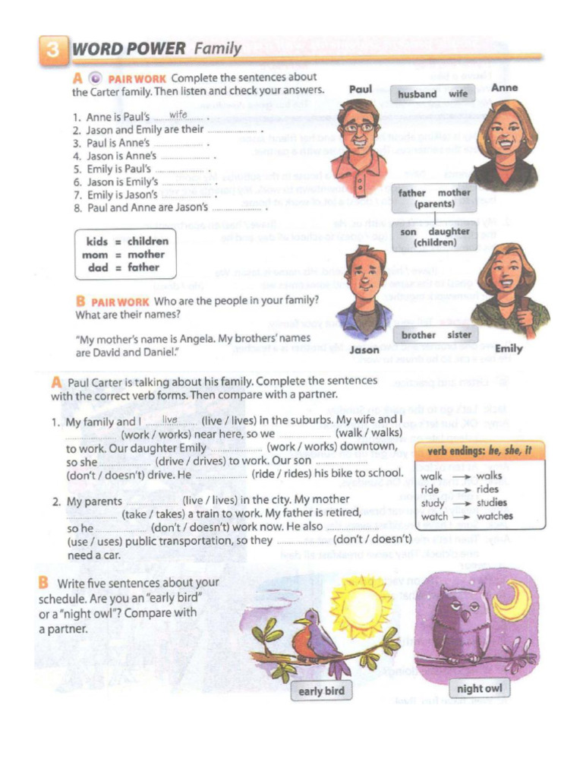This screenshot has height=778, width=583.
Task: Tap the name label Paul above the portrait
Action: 361,90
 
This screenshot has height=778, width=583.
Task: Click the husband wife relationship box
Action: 432,94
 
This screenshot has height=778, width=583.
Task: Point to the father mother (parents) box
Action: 433,198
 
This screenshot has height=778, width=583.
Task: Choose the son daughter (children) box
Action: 434,237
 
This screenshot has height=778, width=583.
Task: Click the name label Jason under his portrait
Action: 364,350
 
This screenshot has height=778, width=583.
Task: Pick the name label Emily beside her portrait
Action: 508,349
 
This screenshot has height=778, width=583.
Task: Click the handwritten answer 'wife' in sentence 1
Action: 178,115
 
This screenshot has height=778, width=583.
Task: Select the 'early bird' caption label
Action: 321,691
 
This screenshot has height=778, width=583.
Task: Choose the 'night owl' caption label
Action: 479,688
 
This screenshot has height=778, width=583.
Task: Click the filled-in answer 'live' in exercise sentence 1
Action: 169,419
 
